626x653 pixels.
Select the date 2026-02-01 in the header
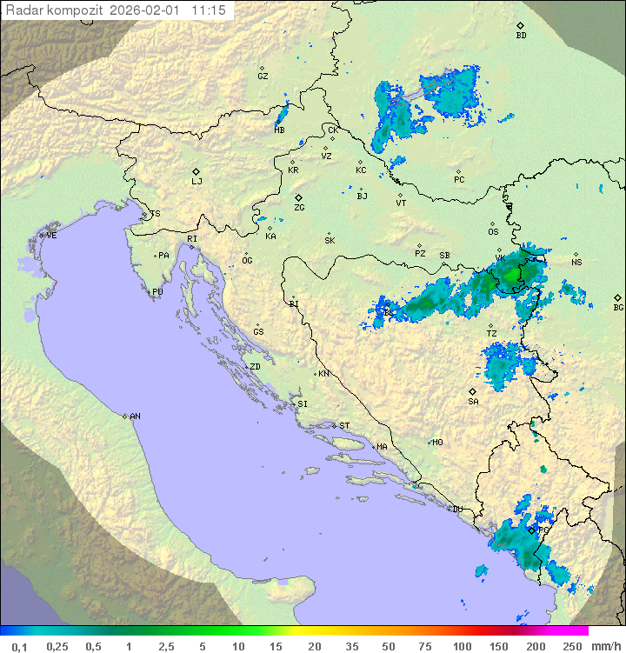click(149, 10)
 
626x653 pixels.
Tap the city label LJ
click(196, 182)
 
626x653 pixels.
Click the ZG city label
click(299, 208)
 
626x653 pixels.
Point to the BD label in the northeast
click(521, 36)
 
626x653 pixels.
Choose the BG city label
click(618, 307)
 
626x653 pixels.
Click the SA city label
click(473, 401)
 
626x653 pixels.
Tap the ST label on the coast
click(344, 426)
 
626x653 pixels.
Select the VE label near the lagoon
click(51, 236)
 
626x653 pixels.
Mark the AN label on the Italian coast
click(135, 416)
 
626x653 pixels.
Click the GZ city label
click(263, 76)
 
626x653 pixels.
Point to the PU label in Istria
click(157, 292)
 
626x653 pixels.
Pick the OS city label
click(493, 232)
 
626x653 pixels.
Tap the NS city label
click(576, 263)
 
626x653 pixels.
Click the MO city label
click(437, 442)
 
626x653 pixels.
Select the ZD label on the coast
click(255, 367)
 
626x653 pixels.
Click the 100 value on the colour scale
click(462, 646)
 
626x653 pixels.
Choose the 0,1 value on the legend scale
click(19, 646)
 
